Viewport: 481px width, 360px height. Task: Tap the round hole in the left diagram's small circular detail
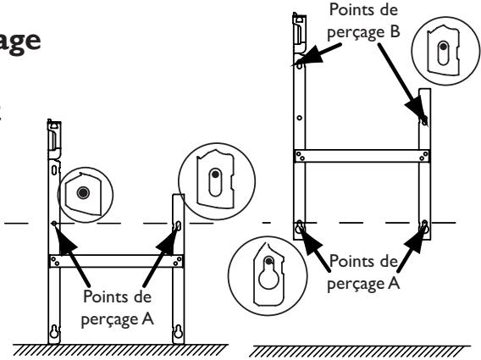point(82,193)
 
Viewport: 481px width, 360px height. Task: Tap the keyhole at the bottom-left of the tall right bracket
point(299,228)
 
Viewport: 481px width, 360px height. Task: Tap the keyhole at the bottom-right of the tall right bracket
point(425,226)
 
